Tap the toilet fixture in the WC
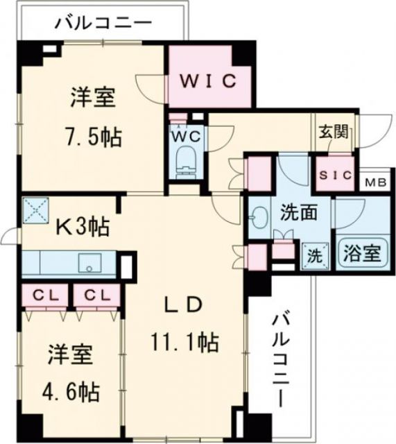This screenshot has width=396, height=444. coord(186,162)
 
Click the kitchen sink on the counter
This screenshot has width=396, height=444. coord(89,264)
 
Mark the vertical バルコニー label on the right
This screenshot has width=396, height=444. coord(281,360)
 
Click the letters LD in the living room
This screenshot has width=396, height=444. coord(184,305)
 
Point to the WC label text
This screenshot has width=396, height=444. coord(185,137)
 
